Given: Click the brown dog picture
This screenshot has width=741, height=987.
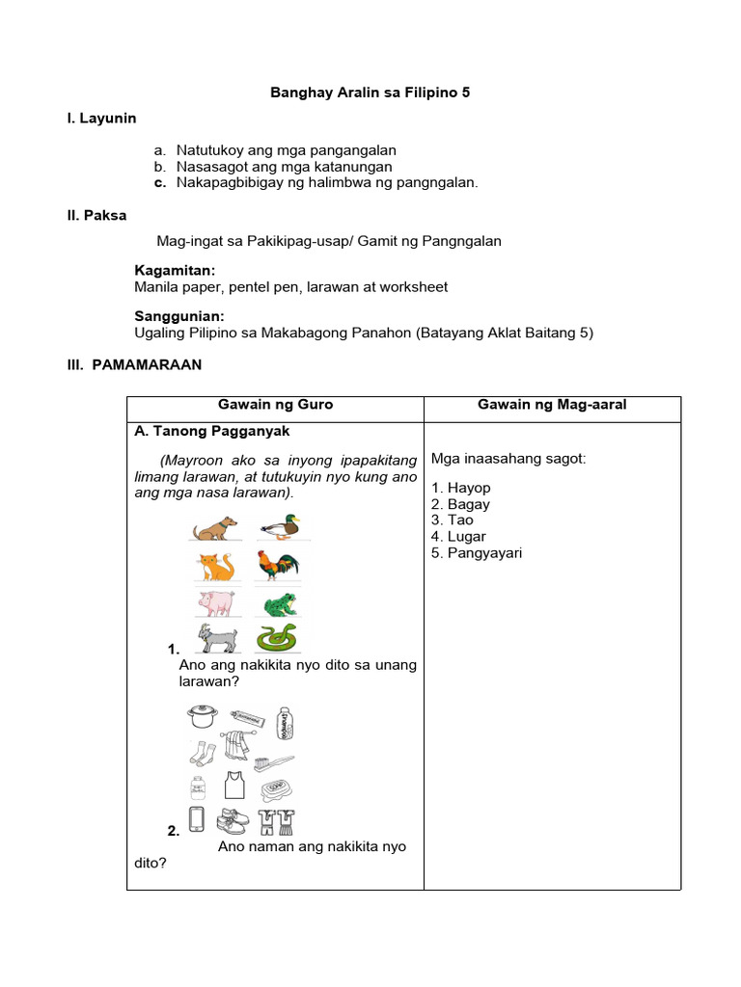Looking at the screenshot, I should tap(215, 528).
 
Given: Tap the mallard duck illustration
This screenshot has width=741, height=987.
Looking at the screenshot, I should tap(280, 526).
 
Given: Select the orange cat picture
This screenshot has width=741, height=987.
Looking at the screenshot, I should tap(216, 566).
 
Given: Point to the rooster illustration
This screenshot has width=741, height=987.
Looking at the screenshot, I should tap(279, 565).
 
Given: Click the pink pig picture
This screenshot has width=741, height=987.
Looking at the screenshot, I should tap(216, 603).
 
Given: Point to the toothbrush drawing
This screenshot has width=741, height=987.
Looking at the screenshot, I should tap(273, 763).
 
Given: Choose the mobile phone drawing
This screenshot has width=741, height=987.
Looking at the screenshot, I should tap(197, 819).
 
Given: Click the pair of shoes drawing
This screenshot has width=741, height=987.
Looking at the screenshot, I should tap(236, 820).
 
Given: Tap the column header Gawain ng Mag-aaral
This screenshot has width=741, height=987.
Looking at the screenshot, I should tap(552, 405).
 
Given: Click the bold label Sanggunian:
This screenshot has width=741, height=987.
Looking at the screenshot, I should tap(179, 316).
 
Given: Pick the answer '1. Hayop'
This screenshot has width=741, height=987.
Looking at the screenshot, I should tap(461, 489).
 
